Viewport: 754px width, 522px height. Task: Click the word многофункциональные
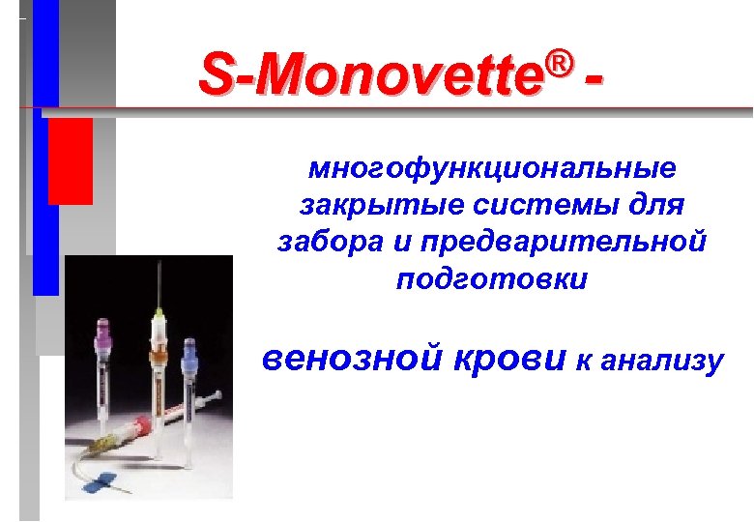tap(493, 169)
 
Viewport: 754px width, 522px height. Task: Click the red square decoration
tap(70, 160)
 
